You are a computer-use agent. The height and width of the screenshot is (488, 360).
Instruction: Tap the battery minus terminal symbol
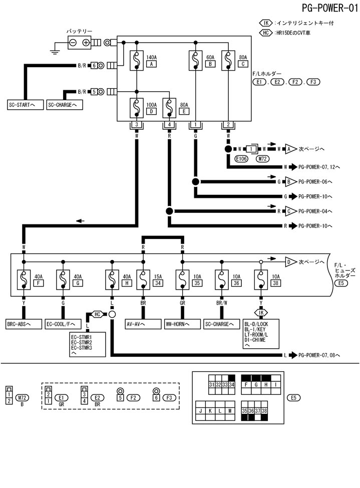[x=73, y=43]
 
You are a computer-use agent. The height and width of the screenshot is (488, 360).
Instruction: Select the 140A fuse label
[x=150, y=58]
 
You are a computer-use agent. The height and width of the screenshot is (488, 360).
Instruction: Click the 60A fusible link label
[x=210, y=58]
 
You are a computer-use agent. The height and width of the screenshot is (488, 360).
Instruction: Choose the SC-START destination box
[x=24, y=105]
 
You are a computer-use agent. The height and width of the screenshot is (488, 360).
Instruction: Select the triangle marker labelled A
[x=289, y=149]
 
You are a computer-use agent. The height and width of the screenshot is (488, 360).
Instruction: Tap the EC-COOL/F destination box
[x=63, y=324]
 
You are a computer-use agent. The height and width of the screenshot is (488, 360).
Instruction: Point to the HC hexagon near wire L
[x=97, y=314]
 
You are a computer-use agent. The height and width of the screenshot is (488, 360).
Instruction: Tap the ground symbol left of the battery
[x=55, y=49]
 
